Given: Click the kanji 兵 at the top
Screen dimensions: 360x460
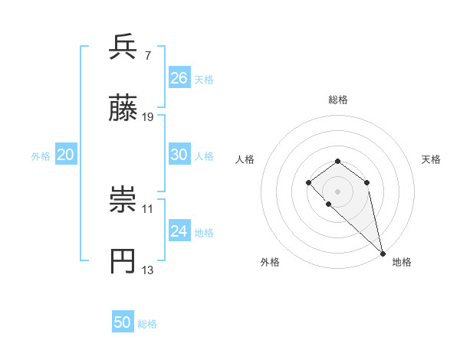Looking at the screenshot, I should (123, 47).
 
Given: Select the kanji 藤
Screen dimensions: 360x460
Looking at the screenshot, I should (123, 108).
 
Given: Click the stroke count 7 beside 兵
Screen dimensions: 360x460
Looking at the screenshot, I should (147, 56).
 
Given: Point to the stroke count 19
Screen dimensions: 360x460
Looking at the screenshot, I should (148, 117).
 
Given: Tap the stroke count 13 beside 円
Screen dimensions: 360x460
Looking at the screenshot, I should (148, 270).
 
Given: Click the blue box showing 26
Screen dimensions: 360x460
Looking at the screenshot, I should (179, 78).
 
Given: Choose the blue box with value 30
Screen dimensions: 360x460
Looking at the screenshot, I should (179, 155).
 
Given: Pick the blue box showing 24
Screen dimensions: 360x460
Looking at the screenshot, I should (179, 231).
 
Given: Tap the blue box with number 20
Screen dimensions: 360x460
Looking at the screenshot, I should (66, 155).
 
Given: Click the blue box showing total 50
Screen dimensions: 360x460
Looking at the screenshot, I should (123, 322).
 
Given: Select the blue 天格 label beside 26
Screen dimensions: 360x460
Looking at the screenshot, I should (204, 80).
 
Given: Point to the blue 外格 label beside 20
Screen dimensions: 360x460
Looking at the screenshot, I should (41, 156).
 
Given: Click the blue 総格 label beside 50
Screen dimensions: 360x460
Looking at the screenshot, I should (147, 324).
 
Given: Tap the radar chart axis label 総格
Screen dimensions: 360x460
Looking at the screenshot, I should (337, 100).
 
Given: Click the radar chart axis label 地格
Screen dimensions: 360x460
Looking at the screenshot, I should (402, 262).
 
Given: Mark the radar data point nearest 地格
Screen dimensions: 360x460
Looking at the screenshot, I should (383, 253).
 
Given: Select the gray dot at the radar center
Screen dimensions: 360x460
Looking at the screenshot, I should (337, 191).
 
